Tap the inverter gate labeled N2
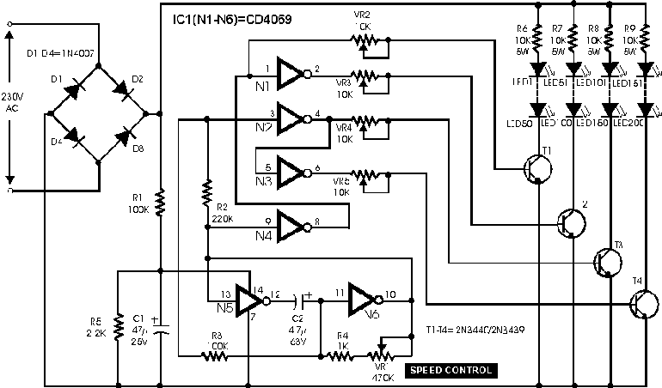click(292, 119)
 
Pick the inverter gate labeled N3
click(292, 172)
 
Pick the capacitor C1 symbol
click(162, 329)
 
